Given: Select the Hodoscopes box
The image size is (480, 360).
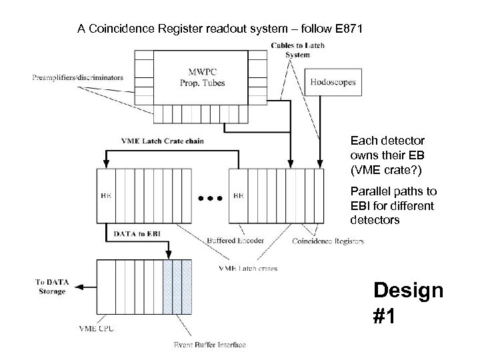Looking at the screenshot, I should (x=333, y=83).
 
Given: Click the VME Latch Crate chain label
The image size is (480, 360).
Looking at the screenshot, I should (x=163, y=141).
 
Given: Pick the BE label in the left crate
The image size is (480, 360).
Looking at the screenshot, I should (x=106, y=196).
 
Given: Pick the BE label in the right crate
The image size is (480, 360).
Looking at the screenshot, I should (x=238, y=196).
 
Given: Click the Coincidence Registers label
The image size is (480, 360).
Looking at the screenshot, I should (x=329, y=241).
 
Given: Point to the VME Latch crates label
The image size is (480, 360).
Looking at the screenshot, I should (x=248, y=268).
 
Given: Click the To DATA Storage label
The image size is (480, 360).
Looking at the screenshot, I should (x=51, y=287).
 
